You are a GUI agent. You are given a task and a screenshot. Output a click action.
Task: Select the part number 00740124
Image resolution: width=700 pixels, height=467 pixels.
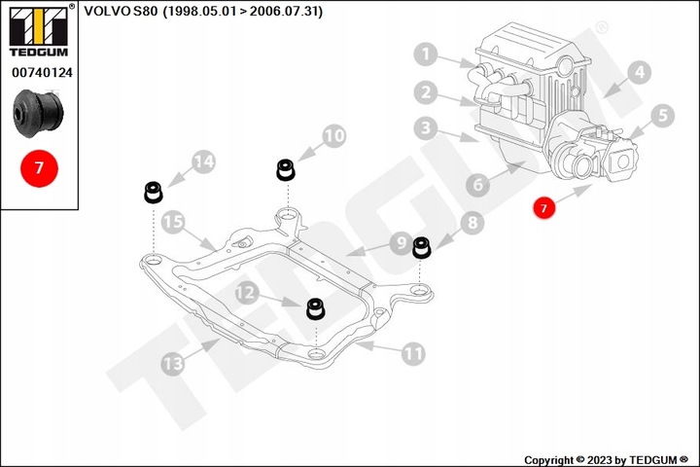pos(40,72)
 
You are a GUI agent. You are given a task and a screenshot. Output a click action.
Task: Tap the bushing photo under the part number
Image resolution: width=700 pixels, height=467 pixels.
pos(38,114)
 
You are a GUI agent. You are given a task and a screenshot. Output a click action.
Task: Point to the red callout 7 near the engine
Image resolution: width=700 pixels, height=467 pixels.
pos(545,206)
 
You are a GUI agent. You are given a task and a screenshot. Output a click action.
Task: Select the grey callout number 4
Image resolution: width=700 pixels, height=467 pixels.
pos(639,71)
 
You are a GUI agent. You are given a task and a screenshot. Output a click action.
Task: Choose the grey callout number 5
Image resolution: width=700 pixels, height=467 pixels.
pos(662,115)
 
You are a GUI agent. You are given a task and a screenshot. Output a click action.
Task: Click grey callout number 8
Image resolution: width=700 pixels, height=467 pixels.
pos(473,223)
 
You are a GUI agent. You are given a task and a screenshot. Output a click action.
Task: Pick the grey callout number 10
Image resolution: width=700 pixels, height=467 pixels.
pos(333,136)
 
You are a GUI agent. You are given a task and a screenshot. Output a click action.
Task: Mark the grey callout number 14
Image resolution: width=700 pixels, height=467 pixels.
pos(202,162)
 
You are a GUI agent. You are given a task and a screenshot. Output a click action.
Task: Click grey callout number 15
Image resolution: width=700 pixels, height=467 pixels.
pos(172,222)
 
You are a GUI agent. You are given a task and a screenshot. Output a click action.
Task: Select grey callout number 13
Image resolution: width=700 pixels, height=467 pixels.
pos(172,364)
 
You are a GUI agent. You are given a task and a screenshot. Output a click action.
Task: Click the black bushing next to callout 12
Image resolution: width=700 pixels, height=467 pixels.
pos(315,308)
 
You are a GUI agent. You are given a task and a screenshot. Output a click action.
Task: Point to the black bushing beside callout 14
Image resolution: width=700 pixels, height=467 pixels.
pos(153,191)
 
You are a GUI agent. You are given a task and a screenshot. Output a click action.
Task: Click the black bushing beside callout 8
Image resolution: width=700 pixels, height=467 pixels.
pos(422,247)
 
